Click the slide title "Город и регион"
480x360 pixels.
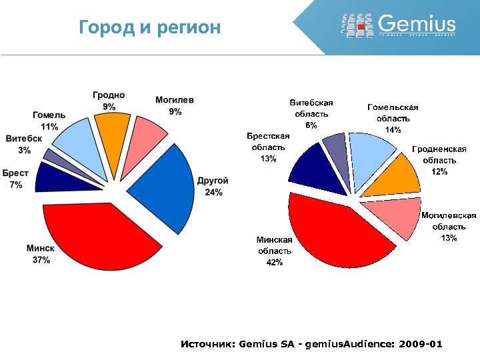tap(149, 28)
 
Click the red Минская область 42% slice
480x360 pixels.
tap(333, 233)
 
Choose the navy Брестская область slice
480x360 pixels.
tap(310, 167)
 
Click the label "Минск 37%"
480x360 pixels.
tap(41, 254)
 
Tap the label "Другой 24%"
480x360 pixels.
tap(213, 187)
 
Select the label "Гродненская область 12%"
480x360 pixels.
tap(439, 161)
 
